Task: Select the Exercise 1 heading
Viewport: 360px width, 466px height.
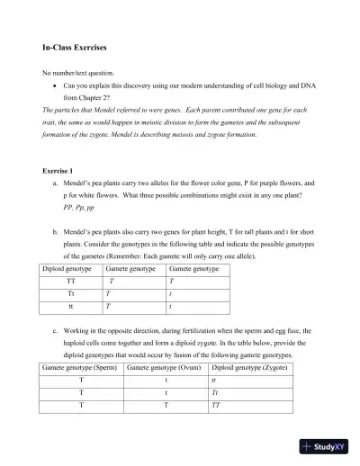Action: point(61,170)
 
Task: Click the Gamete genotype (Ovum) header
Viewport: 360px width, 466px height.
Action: point(164,369)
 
